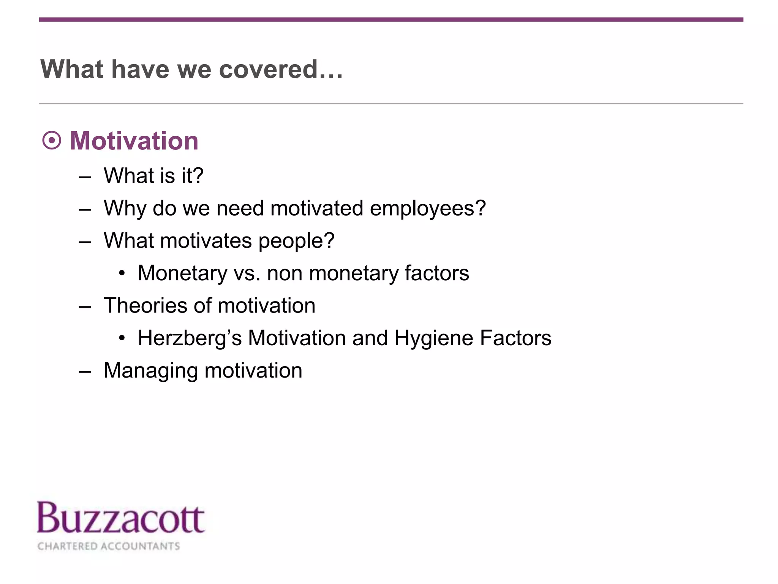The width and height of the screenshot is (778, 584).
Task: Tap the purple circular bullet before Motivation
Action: tap(52, 141)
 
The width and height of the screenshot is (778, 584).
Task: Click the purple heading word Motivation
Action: tap(134, 141)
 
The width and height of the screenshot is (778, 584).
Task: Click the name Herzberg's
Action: tap(190, 338)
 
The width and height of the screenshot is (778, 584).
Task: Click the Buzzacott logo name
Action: tap(121, 519)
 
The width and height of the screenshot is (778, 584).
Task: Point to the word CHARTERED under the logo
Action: tap(68, 546)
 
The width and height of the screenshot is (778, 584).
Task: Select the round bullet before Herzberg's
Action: tap(122, 338)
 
